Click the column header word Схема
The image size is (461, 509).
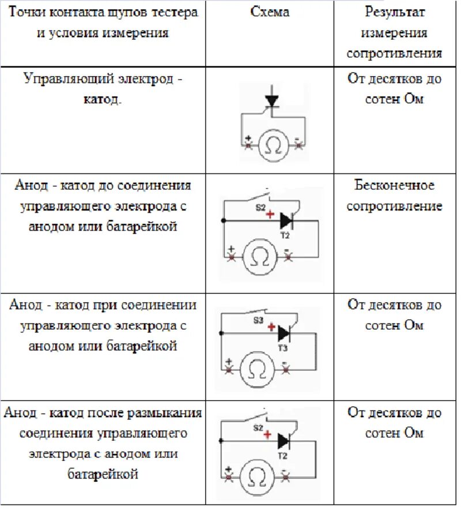coord(270,12)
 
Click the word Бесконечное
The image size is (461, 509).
coord(394,186)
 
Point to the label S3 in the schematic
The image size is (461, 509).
coord(259,319)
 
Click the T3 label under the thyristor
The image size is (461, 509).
coord(283,349)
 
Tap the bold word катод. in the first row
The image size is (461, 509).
coord(103,100)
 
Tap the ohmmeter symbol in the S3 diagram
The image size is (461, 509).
coord(254,370)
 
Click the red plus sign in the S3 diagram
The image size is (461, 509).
coord(271,327)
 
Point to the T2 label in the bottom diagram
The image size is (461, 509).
coord(283,455)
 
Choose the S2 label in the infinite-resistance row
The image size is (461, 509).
coord(260,207)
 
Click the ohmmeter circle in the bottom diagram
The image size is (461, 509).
coord(254,476)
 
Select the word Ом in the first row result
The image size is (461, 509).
coord(413,99)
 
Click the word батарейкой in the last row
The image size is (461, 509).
coord(103,474)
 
